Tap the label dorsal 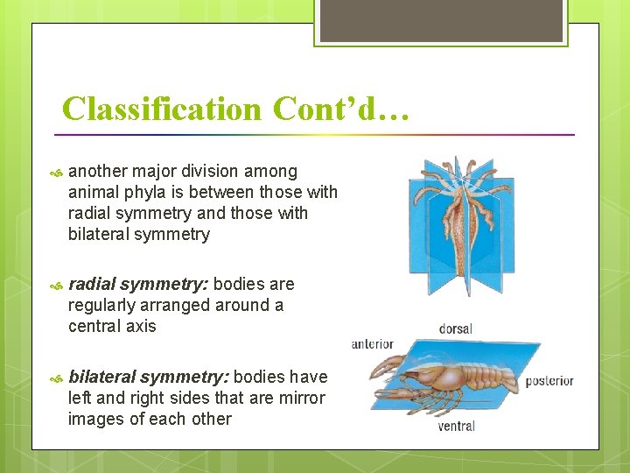click(x=455, y=329)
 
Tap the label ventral click(x=456, y=427)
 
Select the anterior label click(x=373, y=344)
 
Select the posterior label click(x=549, y=381)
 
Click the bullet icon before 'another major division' click(x=58, y=173)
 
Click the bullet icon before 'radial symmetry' click(x=58, y=286)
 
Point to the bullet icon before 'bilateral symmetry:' click(x=58, y=378)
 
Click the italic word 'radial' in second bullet click(x=91, y=285)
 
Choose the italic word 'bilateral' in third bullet click(x=101, y=378)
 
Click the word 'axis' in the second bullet click(x=139, y=327)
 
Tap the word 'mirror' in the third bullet click(x=301, y=399)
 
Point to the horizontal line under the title click(x=315, y=135)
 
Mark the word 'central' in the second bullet click(x=94, y=327)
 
